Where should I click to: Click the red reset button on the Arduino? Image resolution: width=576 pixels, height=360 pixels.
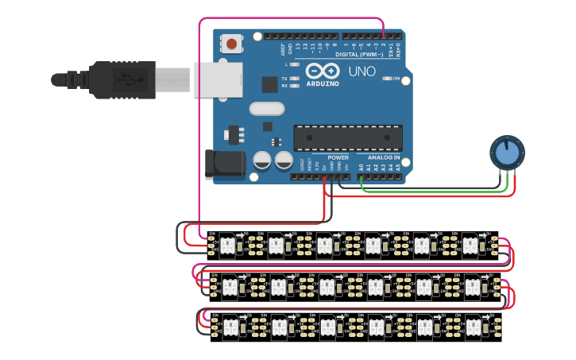[x=232, y=44]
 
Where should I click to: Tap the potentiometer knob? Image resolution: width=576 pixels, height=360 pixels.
[x=506, y=151]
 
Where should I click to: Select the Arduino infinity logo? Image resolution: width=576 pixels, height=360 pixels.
[x=323, y=72]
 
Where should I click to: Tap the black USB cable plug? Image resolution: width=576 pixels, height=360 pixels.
[x=119, y=79]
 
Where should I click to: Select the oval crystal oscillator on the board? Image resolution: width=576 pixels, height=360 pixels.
[x=266, y=109]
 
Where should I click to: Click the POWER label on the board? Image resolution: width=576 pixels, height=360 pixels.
[x=338, y=157]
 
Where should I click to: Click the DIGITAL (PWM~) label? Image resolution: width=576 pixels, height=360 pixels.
[x=358, y=54]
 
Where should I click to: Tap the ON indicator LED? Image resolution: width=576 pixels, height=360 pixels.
[x=389, y=79]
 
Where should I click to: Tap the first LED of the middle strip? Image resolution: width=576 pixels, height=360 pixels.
[x=229, y=285]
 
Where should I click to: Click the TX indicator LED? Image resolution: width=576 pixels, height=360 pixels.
[x=295, y=79]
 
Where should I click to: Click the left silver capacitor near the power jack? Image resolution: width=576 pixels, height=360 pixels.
[x=262, y=161]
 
